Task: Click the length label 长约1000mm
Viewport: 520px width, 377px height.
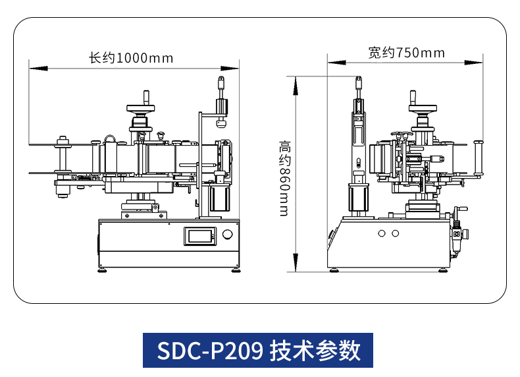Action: [131, 58]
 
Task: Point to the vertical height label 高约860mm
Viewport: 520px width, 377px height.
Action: [284, 178]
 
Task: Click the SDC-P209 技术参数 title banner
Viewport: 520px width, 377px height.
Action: [258, 350]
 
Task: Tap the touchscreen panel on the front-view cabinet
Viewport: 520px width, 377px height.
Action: [199, 235]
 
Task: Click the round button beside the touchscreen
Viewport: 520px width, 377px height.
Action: [228, 235]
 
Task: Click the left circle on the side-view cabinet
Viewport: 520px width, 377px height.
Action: [381, 233]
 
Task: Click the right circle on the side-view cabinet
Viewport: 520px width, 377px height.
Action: [395, 233]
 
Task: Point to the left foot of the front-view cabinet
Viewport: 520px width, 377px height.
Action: [103, 269]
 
